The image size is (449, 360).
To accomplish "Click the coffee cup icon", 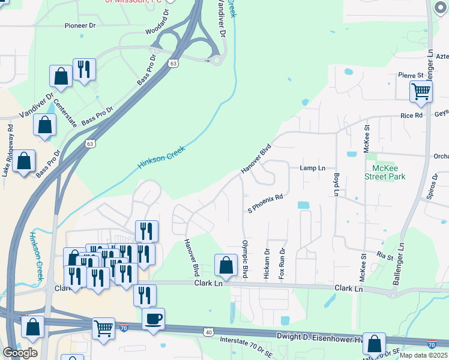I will [153, 318].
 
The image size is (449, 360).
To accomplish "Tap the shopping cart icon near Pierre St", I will [421, 91].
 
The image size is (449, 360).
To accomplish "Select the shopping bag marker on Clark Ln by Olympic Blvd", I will [225, 265].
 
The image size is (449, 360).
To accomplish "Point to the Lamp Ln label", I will [312, 168].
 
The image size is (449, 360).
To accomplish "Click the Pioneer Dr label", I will [80, 26].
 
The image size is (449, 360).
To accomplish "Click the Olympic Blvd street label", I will [244, 259].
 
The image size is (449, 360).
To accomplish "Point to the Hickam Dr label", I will [267, 264].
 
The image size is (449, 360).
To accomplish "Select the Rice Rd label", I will [411, 115].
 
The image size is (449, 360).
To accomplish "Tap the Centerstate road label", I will [65, 112].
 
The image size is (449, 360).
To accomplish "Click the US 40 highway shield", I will [208, 331].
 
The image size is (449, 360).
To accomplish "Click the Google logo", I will [19, 352].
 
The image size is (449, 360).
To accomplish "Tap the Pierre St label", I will [411, 76].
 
